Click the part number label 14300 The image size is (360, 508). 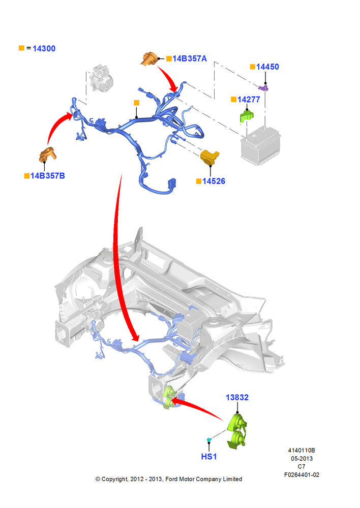point(44,49)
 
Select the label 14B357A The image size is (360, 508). point(189,58)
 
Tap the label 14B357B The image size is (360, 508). point(48,176)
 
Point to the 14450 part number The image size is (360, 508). point(267,67)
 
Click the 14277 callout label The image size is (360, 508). point(249,100)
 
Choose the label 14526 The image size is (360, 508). point(214,181)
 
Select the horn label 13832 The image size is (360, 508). point(237,398)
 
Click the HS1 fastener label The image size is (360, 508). point(209,457)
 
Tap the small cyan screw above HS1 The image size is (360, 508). point(209,440)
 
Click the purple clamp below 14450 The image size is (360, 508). point(264,87)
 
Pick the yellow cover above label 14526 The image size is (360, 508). point(209,157)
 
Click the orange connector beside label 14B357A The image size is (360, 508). point(149,58)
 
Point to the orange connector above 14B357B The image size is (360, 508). point(47,154)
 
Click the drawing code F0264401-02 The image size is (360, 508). point(302,475)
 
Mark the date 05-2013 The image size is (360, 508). point(302,459)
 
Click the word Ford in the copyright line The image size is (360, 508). point(171,479)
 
